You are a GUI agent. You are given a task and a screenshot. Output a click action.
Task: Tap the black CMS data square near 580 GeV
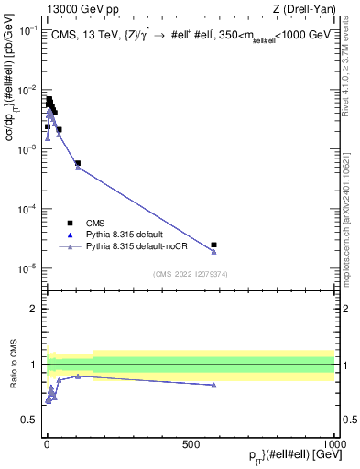[x=213, y=245]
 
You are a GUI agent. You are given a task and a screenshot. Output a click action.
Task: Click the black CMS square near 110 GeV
[x=78, y=163]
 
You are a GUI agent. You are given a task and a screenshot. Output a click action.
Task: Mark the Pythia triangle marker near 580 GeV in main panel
[x=213, y=251]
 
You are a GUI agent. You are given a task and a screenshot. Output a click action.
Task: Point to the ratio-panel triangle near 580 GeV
[x=213, y=385]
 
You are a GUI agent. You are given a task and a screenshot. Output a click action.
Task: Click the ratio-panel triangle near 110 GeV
[x=78, y=376]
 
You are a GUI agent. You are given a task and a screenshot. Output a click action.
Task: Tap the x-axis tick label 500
[x=191, y=444]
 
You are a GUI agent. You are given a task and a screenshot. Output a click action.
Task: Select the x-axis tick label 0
[x=46, y=444]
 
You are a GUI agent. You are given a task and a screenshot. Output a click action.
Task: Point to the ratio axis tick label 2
[x=33, y=309]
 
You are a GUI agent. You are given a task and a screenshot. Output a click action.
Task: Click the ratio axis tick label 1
[x=33, y=365]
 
